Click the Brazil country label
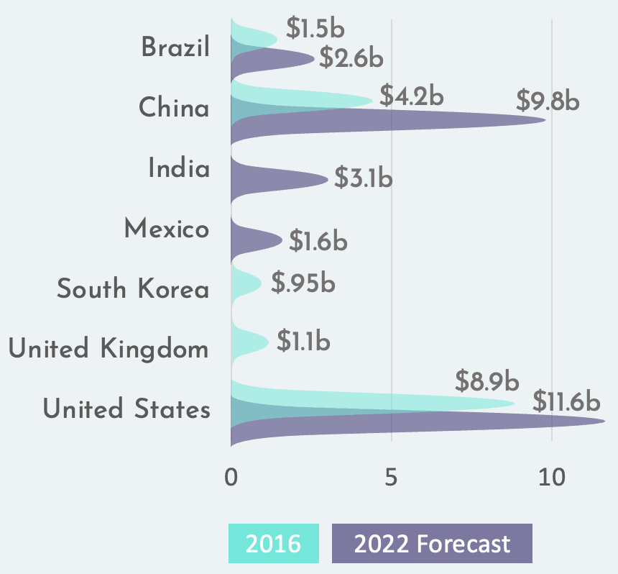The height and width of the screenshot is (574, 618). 175,48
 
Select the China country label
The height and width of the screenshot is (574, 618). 174,108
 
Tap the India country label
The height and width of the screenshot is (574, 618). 179,168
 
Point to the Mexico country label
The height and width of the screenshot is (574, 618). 167,229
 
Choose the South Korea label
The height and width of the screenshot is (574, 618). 133,289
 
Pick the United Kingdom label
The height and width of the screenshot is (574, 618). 109,350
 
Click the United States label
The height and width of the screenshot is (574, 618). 126,409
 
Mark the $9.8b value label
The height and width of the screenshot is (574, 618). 548,101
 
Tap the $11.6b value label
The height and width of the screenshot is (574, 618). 568,401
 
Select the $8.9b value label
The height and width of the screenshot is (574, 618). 487,380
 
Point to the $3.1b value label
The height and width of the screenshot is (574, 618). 363,176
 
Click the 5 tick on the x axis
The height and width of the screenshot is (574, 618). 391,477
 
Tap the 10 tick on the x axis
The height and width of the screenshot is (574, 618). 551,477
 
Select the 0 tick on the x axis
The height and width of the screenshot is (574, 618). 231,477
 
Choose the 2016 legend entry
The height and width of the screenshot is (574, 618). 274,543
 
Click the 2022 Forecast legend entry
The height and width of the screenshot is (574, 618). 432,543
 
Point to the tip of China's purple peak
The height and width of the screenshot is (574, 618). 545,119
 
